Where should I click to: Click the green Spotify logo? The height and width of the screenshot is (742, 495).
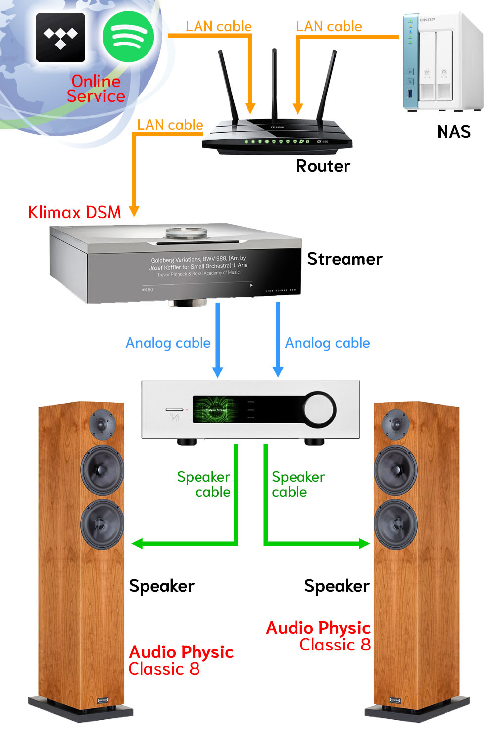click(128, 37)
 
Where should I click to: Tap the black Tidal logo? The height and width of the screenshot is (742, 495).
click(60, 38)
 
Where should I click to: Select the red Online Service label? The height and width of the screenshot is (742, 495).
click(96, 89)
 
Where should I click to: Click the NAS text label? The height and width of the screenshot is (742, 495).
click(453, 132)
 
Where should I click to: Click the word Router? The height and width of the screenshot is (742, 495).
click(323, 166)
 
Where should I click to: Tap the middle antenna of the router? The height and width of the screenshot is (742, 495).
click(274, 84)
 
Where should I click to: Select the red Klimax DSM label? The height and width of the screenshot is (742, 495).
click(75, 212)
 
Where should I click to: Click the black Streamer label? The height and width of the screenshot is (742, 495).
click(345, 259)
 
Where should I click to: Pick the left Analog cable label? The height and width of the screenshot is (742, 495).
click(168, 343)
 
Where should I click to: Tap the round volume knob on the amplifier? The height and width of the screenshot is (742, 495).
click(319, 409)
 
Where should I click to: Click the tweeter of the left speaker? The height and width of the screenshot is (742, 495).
click(102, 423)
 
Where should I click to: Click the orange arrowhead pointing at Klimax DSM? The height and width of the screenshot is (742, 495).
click(134, 211)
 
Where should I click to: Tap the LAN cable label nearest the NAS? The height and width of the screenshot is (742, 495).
click(329, 26)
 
